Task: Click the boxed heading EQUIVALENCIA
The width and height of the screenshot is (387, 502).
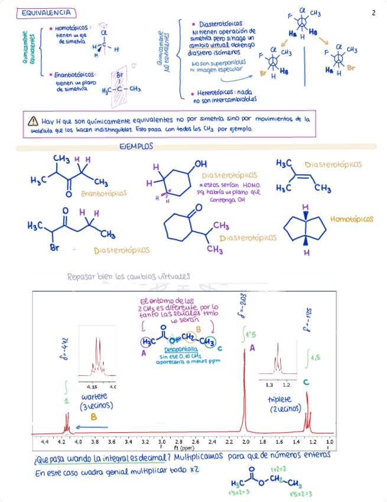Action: pyautogui.click(x=45, y=13)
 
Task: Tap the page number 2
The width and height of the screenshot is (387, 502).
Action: pyautogui.click(x=373, y=13)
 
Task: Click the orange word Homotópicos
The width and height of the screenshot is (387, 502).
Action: pyautogui.click(x=352, y=219)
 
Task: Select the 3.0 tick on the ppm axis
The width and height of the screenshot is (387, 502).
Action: pyautogui.click(x=162, y=441)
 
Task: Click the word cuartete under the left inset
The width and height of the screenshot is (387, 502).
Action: pyautogui.click(x=94, y=396)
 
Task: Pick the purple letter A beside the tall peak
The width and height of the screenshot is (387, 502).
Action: pyautogui.click(x=252, y=349)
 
